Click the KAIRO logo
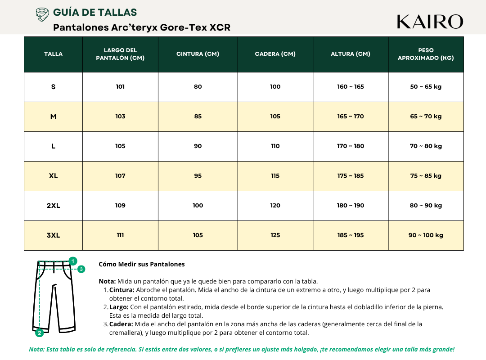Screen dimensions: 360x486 click(x=430, y=22)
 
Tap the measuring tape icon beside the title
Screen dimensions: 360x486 click(x=42, y=14)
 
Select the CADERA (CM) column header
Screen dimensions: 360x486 click(x=275, y=54)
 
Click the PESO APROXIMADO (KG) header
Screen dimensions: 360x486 click(x=426, y=54)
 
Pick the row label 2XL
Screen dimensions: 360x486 click(x=53, y=206)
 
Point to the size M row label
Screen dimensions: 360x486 click(x=53, y=117)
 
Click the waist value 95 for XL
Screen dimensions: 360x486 click(x=198, y=176)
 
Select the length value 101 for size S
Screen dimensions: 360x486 click(x=120, y=87)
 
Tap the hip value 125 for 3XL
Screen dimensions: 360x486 click(x=275, y=235)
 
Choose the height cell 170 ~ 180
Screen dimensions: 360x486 click(x=351, y=146)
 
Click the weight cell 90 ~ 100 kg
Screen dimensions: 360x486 click(x=426, y=235)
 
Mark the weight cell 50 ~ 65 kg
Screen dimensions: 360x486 click(x=426, y=87)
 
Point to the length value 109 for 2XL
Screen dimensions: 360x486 click(x=120, y=206)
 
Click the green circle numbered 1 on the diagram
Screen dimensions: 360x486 click(x=73, y=261)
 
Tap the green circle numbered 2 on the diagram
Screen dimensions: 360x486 click(x=40, y=333)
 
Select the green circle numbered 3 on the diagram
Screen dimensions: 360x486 click(x=81, y=269)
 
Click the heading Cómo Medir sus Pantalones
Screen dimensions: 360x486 click(x=141, y=264)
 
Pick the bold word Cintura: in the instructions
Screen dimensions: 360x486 click(x=122, y=290)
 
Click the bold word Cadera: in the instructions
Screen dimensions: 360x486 click(x=121, y=324)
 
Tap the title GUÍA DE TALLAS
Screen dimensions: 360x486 click(x=95, y=13)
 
